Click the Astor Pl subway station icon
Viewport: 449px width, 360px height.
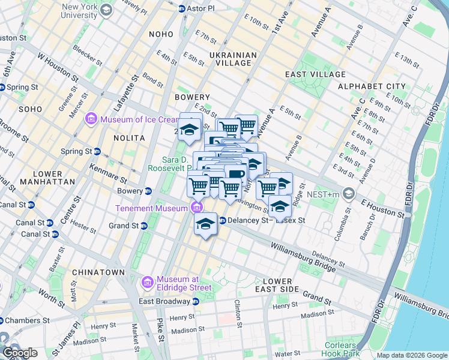point(182,8)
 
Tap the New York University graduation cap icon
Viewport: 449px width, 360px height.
point(106,10)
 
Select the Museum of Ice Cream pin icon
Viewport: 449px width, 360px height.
point(91,119)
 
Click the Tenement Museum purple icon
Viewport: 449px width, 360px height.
point(196,208)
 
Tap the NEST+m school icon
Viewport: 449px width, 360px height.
point(350,194)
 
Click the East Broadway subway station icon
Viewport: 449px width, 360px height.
point(196,301)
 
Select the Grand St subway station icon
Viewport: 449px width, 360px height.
point(144,226)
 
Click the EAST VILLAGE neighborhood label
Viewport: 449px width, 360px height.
point(315,74)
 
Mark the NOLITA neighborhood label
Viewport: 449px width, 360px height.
point(129,137)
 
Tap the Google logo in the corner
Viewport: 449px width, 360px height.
point(20,352)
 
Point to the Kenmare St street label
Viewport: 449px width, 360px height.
point(107,172)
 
